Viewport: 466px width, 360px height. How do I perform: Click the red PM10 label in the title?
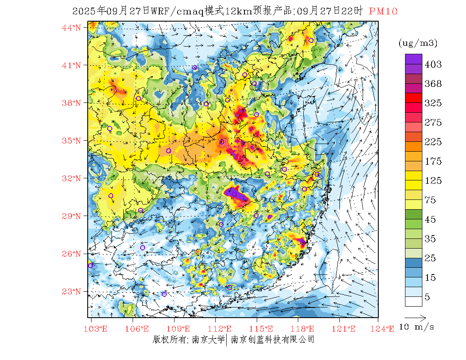point(383,11)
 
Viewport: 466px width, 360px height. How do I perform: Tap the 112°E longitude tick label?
point(222,329)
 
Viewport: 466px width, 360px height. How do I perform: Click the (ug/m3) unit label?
point(418,43)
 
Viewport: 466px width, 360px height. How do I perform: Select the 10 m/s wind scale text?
point(417,327)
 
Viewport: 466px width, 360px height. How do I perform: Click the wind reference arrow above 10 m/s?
point(415,317)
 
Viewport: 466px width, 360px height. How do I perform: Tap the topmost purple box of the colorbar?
point(413,59)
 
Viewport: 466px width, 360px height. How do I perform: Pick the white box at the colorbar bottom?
point(413,301)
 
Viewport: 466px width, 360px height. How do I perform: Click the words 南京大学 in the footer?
point(208,340)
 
